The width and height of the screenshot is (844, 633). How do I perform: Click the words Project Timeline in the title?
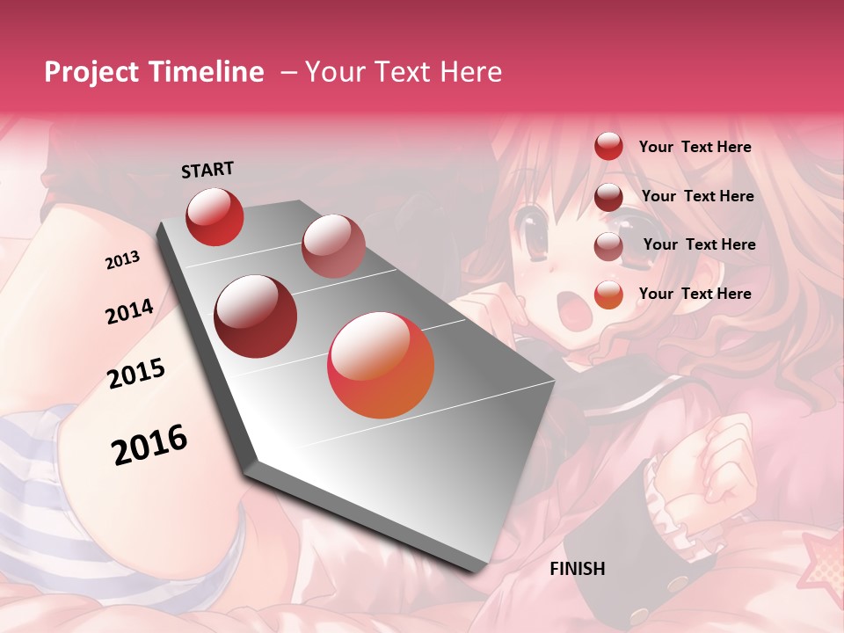pyautogui.click(x=154, y=72)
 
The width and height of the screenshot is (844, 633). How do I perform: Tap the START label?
pyautogui.click(x=207, y=170)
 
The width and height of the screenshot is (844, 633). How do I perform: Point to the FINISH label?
pyautogui.click(x=578, y=569)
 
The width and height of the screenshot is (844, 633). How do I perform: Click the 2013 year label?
pyautogui.click(x=122, y=260)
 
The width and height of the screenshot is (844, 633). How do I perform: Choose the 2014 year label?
pyautogui.click(x=129, y=311)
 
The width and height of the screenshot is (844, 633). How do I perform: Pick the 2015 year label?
pyautogui.click(x=136, y=374)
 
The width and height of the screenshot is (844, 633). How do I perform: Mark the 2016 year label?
pyautogui.click(x=149, y=444)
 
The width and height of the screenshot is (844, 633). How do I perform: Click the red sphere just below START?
pyautogui.click(x=215, y=216)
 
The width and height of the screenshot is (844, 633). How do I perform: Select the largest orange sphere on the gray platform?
pyautogui.click(x=381, y=365)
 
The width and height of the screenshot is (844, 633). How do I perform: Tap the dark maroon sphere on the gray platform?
pyautogui.click(x=256, y=316)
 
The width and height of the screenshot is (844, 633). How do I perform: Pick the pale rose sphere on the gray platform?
pyautogui.click(x=333, y=245)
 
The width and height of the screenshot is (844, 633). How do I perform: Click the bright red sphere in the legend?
pyautogui.click(x=608, y=146)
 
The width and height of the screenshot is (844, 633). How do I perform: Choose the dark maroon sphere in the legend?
pyautogui.click(x=608, y=196)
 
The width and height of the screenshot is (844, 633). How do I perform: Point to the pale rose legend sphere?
pyautogui.click(x=608, y=245)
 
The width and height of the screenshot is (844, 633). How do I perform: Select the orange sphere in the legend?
pyautogui.click(x=608, y=295)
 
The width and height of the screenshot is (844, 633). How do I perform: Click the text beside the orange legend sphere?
pyautogui.click(x=695, y=294)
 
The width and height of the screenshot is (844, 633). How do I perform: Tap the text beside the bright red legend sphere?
pyautogui.click(x=695, y=147)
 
